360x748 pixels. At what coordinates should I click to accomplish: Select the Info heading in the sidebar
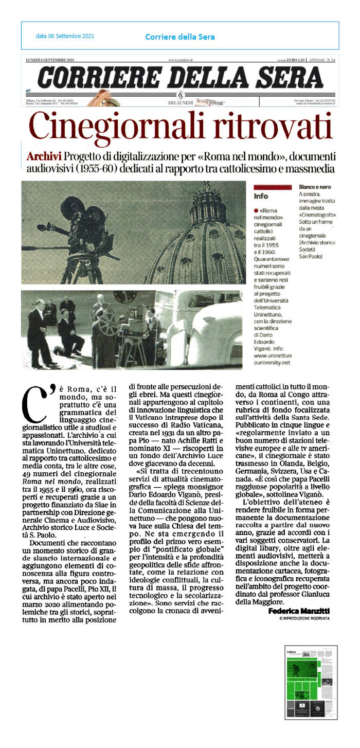261,196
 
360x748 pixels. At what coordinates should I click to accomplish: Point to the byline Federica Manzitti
299,610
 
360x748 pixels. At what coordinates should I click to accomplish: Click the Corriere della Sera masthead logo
180,78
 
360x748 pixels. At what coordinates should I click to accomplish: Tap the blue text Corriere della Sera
180,37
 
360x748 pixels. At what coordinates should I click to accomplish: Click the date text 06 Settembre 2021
65,37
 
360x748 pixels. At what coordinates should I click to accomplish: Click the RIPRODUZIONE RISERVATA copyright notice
304,618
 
